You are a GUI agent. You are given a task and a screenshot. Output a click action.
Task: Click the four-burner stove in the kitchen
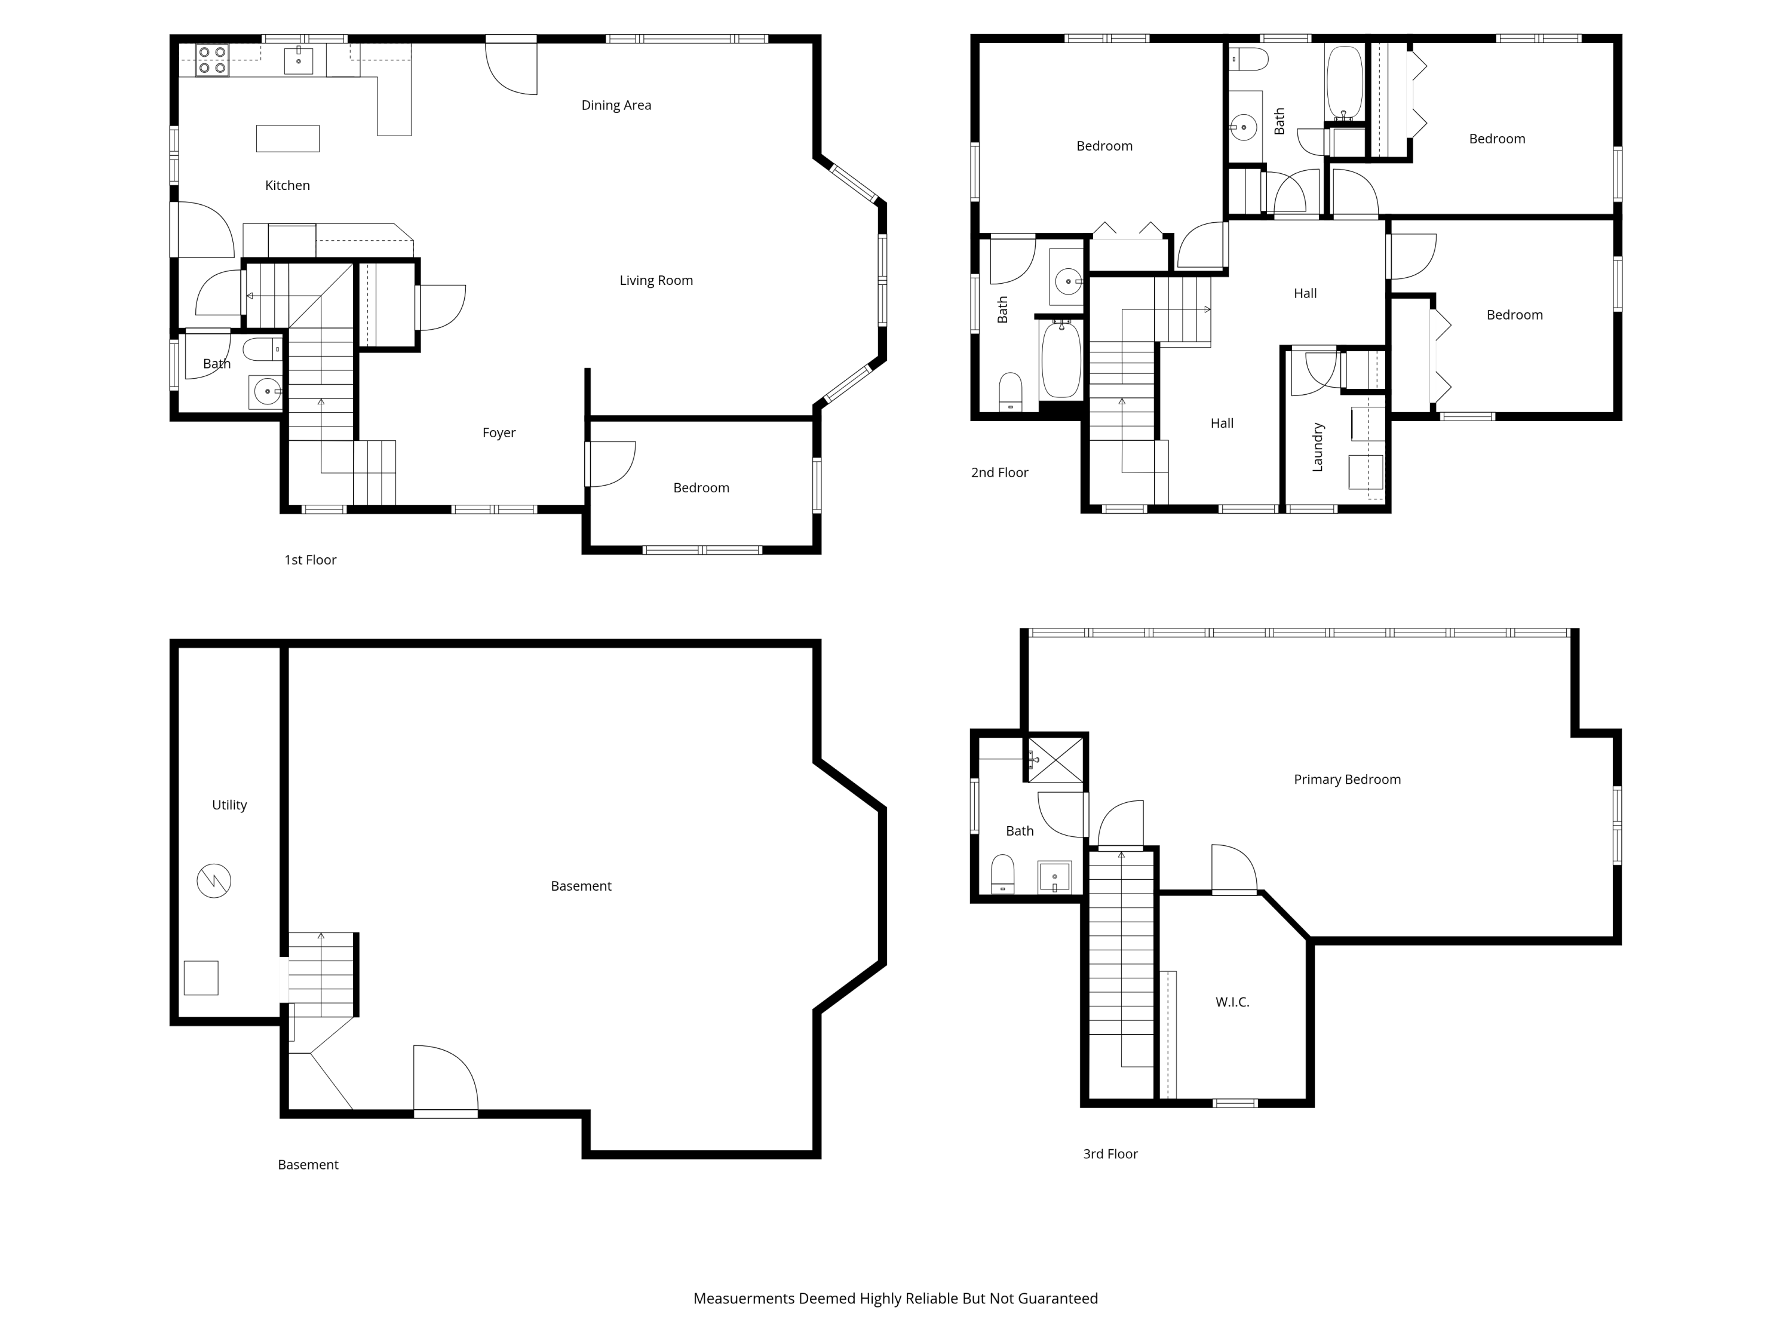tap(212, 60)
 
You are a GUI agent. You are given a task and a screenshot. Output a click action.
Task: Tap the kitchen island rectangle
tap(287, 139)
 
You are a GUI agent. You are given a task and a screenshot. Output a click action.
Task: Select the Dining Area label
tap(616, 105)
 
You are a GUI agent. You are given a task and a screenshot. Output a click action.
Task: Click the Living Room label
tap(656, 280)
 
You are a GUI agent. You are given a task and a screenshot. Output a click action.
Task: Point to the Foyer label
tap(499, 432)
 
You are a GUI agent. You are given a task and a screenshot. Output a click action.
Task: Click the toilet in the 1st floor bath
tap(262, 350)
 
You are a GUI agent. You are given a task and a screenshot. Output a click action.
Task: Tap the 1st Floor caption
tap(310, 560)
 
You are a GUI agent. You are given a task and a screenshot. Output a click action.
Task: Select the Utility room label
tap(229, 805)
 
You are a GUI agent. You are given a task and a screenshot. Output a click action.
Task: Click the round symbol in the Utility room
tap(214, 880)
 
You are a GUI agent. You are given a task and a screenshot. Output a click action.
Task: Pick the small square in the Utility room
tap(201, 978)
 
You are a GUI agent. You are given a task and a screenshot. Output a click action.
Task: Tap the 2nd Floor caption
tap(1000, 472)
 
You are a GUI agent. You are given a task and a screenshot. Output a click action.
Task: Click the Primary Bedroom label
tap(1347, 780)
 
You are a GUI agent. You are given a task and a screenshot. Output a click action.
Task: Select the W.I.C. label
tap(1232, 1002)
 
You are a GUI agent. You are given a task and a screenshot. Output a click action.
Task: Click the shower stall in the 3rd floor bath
tap(1055, 760)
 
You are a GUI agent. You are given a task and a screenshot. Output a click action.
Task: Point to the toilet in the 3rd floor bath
tap(1003, 874)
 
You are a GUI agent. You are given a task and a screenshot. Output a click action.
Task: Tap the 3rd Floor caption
tap(1110, 1153)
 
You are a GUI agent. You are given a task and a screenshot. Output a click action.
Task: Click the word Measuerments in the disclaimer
tap(744, 1299)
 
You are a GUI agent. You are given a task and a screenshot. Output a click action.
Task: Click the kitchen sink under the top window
tap(298, 60)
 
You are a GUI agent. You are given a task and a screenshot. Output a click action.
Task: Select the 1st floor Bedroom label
tap(702, 487)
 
